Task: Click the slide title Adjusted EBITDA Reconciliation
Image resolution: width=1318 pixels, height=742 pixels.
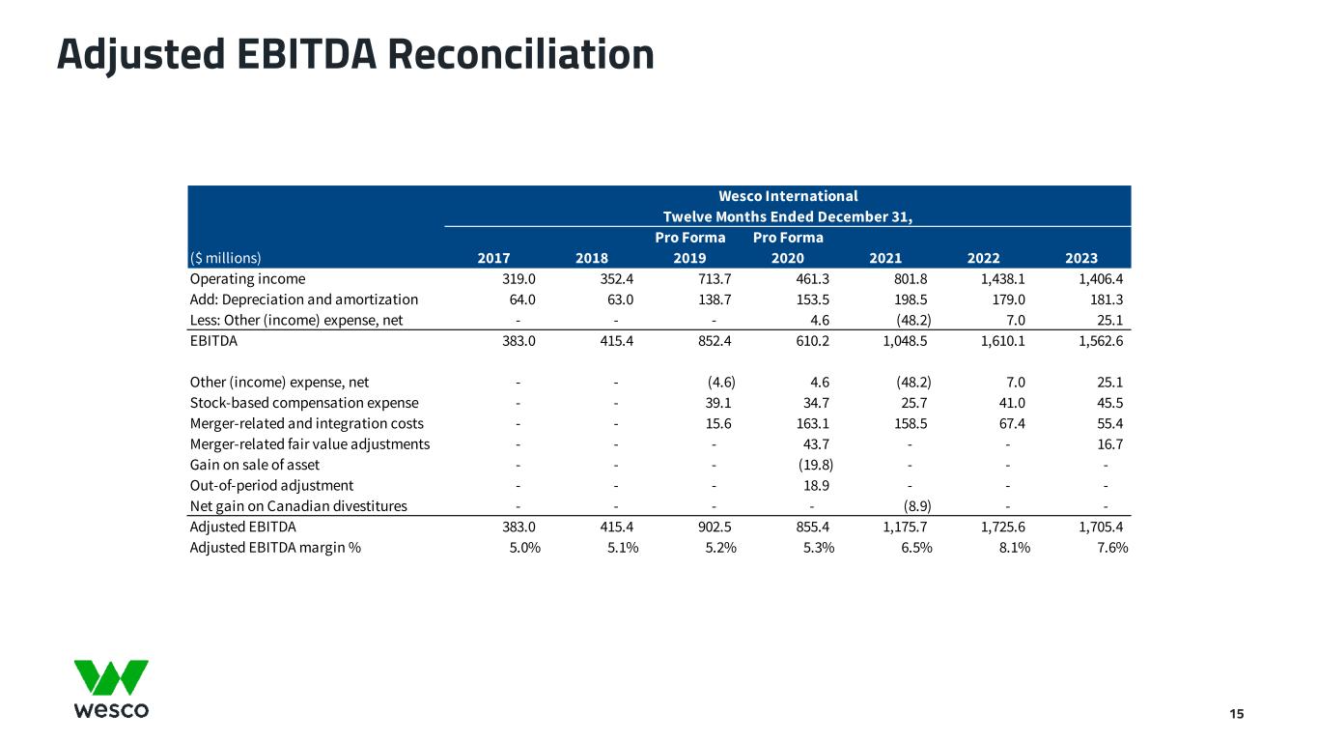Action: click(355, 54)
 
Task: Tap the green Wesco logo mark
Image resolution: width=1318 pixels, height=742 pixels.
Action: click(111, 677)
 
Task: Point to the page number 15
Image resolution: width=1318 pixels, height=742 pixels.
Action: click(1236, 714)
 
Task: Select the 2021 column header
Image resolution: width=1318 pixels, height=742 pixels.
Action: click(885, 258)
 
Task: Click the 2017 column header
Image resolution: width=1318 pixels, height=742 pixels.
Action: click(494, 258)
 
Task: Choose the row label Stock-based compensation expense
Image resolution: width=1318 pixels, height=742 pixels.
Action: click(304, 403)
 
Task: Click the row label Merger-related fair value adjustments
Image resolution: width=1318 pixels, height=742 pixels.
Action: click(310, 444)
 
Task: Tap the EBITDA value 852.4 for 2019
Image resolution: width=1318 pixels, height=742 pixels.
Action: click(712, 341)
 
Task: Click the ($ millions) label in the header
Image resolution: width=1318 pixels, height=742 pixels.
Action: click(225, 258)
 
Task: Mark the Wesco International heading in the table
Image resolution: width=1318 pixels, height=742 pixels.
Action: click(788, 196)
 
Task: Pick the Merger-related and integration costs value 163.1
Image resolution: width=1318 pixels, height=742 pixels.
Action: click(813, 423)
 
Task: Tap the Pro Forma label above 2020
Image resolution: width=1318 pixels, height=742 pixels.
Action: click(788, 238)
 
